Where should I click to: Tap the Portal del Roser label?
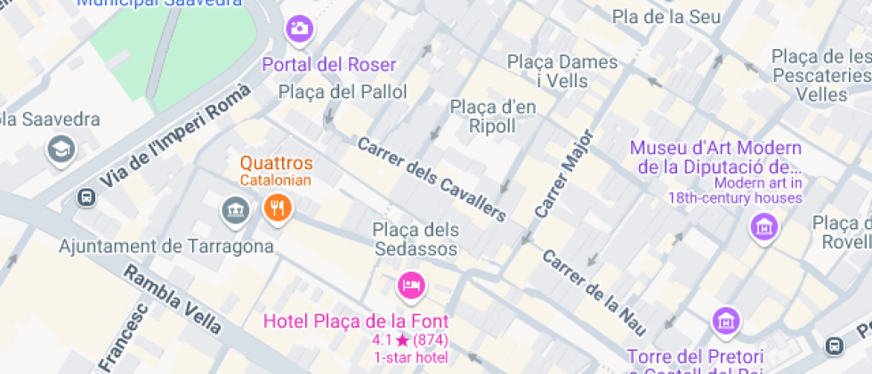tap(328, 65)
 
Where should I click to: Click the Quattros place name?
tap(277, 164)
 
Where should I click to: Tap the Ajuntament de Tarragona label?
tap(166, 245)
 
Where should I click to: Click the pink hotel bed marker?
tap(410, 286)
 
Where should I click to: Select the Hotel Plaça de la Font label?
tap(357, 321)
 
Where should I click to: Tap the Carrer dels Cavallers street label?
tap(432, 179)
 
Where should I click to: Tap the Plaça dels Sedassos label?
tap(416, 240)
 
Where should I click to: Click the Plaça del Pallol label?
tap(343, 92)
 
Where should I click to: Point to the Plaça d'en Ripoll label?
tap(493, 117)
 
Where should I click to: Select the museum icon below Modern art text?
tap(763, 227)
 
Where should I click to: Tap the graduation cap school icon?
tap(61, 149)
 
